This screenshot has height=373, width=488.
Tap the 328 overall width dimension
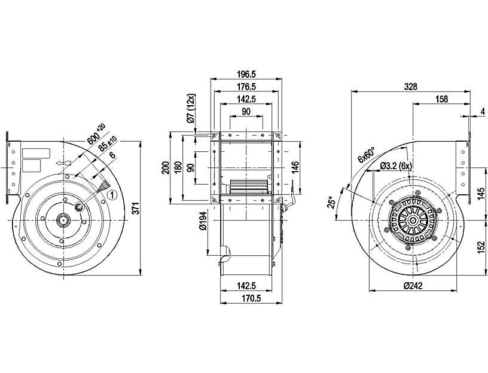[x=410, y=87]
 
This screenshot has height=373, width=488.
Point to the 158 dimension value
[x=442, y=99]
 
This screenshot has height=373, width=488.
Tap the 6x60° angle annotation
[x=365, y=155]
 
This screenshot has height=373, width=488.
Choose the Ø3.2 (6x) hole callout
[x=395, y=166]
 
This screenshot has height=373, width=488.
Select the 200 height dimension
[x=166, y=168]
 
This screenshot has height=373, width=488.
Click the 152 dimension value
[x=480, y=247]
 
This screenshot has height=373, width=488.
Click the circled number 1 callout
[x=111, y=194]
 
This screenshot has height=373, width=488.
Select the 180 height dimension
[x=178, y=168]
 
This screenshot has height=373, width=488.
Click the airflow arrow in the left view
[x=62, y=162]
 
